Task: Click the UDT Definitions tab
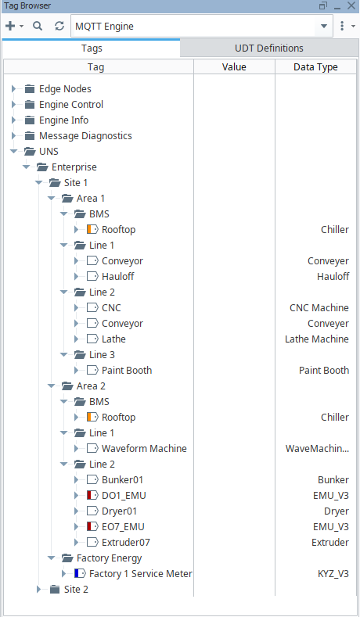click(x=269, y=48)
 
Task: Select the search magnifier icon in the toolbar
click(x=38, y=27)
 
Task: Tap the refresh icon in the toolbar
click(x=59, y=27)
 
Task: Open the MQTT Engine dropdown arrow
click(x=324, y=27)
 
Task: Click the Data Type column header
click(x=315, y=67)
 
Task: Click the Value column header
click(x=234, y=67)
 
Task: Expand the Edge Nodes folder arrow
click(x=14, y=89)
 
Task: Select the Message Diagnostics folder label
click(x=85, y=136)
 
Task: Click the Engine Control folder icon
click(x=30, y=105)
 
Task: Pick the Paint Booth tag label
click(x=127, y=371)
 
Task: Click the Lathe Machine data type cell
click(x=317, y=339)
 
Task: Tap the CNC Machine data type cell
click(x=319, y=307)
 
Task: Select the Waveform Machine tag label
click(x=144, y=449)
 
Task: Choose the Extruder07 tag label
click(x=126, y=543)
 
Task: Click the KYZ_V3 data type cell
click(x=333, y=574)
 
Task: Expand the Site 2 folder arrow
click(x=38, y=590)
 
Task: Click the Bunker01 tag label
click(x=123, y=480)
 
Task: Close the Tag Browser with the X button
click(x=351, y=5)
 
